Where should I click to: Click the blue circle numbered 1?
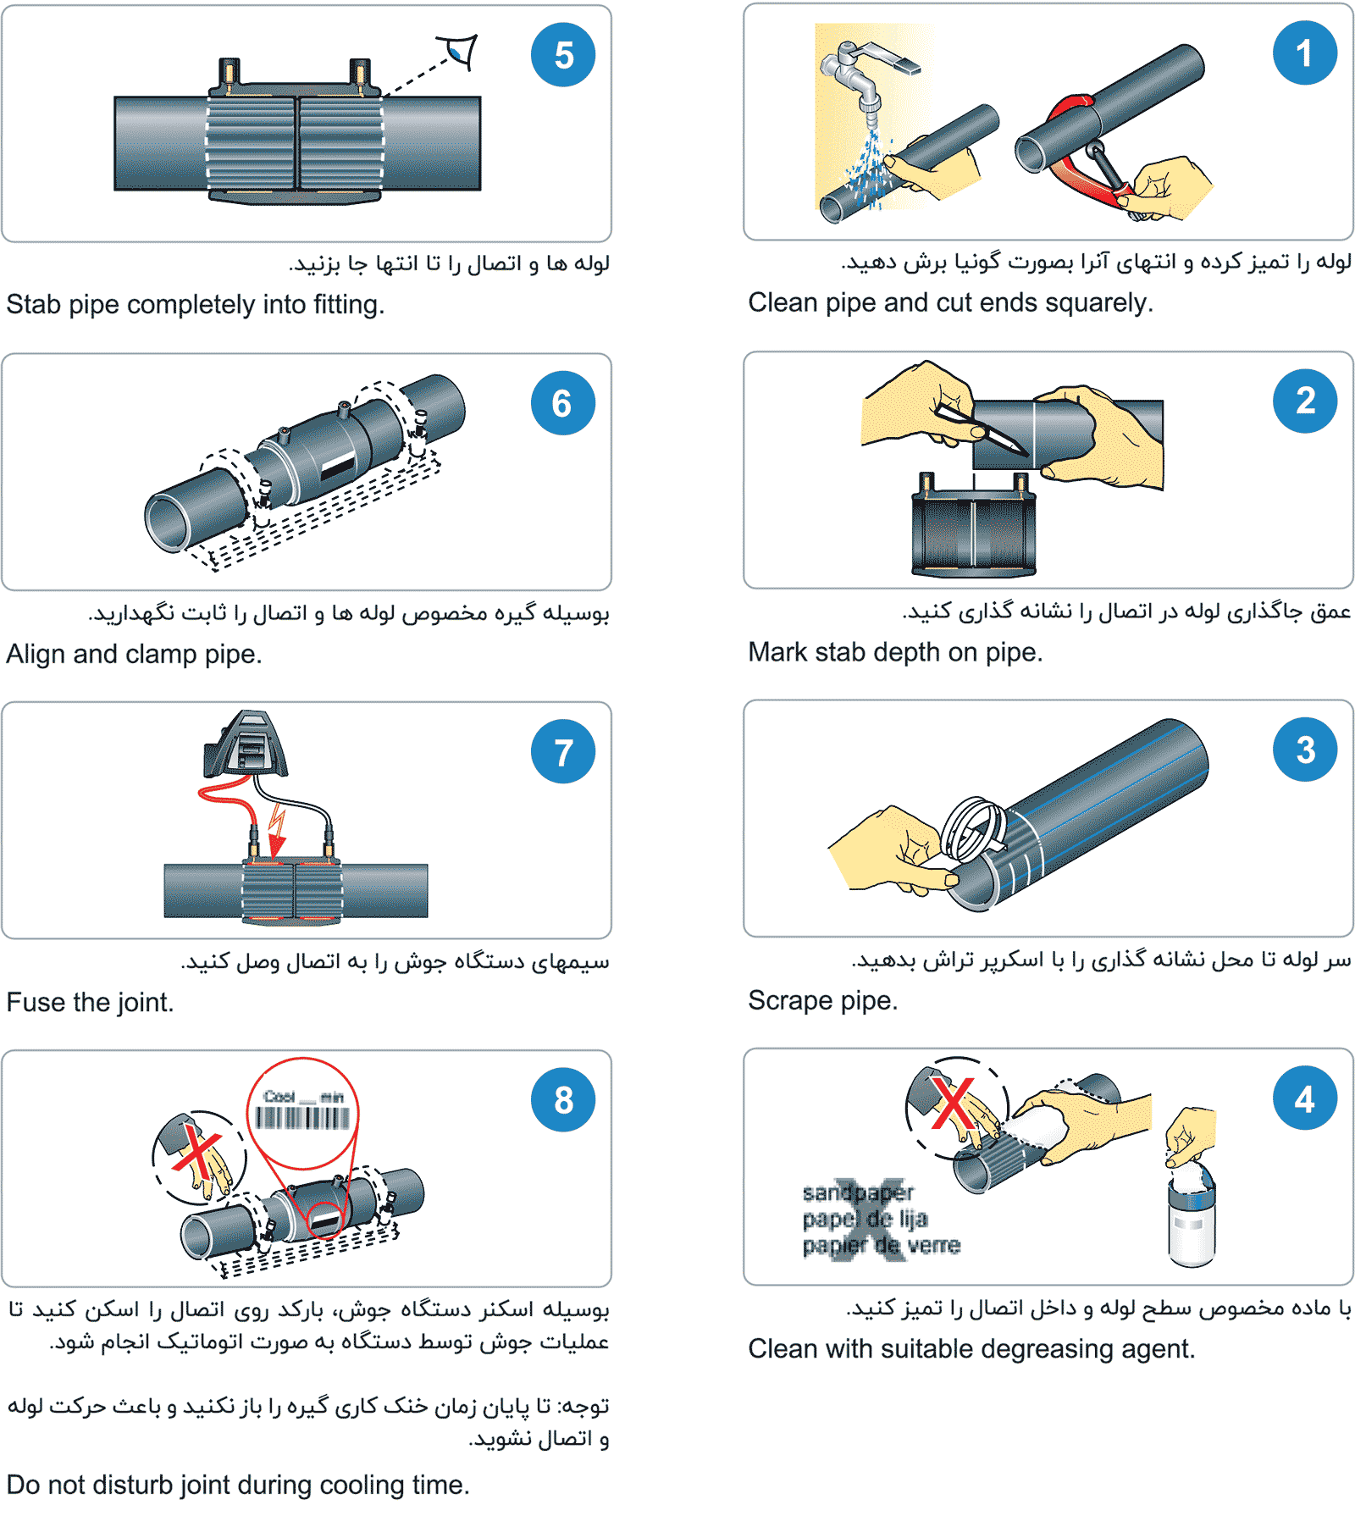[x=1305, y=53]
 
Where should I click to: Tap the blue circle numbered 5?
[x=563, y=55]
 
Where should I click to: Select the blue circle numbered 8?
[x=563, y=1100]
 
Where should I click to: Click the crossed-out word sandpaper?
[x=858, y=1192]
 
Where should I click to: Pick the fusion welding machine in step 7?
[x=246, y=744]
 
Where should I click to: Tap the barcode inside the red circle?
[x=302, y=1118]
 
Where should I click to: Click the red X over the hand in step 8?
[x=196, y=1152]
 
